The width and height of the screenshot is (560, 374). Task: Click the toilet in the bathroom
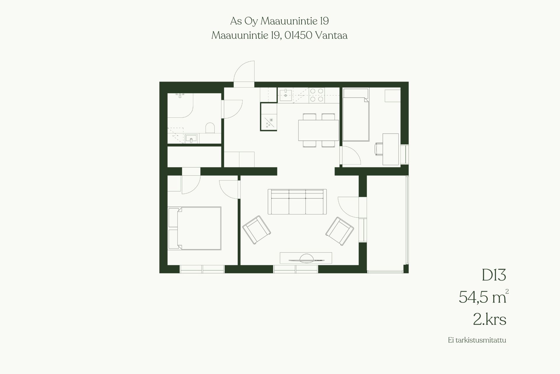click(210, 128)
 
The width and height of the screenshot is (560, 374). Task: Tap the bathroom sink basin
click(191, 138)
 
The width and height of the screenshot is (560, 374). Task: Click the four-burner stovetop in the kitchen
click(317, 95)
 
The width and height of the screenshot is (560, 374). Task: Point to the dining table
click(318, 130)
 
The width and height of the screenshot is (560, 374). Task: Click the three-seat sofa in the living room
click(297, 202)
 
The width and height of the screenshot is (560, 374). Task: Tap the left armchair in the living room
click(257, 230)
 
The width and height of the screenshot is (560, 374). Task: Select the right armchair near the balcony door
click(340, 231)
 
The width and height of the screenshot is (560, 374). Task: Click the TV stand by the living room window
click(306, 258)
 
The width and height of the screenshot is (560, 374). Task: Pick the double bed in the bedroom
click(195, 228)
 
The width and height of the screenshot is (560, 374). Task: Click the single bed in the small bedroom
click(356, 115)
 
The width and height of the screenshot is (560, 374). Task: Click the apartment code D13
click(494, 275)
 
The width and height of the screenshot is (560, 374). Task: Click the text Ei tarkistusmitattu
click(477, 348)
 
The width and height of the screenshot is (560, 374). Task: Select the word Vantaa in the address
click(331, 35)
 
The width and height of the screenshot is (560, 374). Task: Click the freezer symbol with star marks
click(269, 122)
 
